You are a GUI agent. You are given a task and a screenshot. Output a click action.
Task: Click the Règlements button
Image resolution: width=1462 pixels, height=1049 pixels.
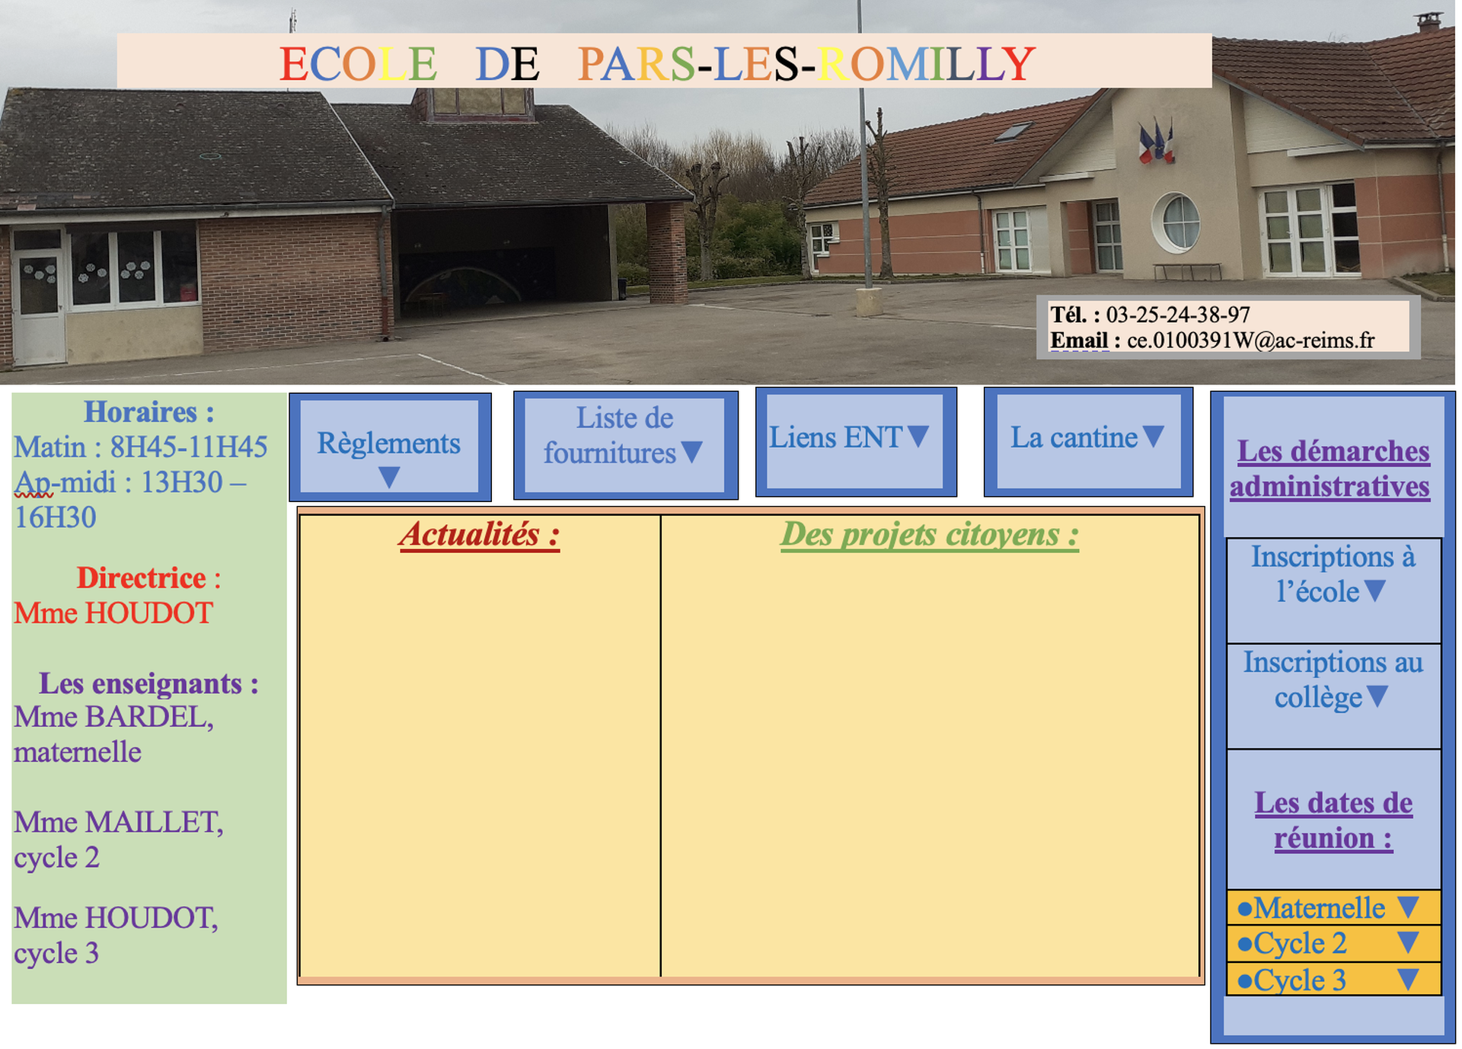click(x=390, y=447)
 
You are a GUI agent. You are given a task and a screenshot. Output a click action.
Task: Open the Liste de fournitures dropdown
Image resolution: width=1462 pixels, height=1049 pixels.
click(x=625, y=446)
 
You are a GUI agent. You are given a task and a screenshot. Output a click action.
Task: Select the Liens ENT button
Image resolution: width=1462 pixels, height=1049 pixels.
click(x=856, y=442)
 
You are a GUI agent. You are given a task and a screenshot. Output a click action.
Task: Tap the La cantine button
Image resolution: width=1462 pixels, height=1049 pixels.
click(x=1088, y=442)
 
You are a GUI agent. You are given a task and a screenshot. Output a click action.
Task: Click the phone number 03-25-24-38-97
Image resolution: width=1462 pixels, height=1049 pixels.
click(x=1178, y=315)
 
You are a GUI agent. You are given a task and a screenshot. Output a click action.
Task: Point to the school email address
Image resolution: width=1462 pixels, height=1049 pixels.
click(x=1251, y=341)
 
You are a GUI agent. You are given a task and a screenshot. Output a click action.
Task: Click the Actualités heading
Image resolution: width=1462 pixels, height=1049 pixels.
click(x=480, y=535)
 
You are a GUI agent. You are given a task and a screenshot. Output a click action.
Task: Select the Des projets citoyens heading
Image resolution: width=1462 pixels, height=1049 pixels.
click(x=930, y=535)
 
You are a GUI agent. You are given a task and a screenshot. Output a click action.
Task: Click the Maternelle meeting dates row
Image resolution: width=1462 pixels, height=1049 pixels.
click(x=1333, y=908)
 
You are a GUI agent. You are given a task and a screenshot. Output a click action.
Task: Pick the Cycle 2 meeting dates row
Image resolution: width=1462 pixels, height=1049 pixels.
click(x=1333, y=944)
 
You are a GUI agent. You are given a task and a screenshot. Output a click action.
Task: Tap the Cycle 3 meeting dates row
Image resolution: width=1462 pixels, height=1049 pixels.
click(x=1333, y=980)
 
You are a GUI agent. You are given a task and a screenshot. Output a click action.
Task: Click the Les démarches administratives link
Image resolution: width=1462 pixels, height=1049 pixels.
click(x=1331, y=469)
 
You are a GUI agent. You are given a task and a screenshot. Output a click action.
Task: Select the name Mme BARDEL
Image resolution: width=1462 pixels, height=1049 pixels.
click(x=113, y=718)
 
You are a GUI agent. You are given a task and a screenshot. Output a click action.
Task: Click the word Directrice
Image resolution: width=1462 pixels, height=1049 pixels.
click(x=142, y=578)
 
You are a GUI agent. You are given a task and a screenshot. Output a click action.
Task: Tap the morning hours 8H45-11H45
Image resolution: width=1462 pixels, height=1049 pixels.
click(x=189, y=447)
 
